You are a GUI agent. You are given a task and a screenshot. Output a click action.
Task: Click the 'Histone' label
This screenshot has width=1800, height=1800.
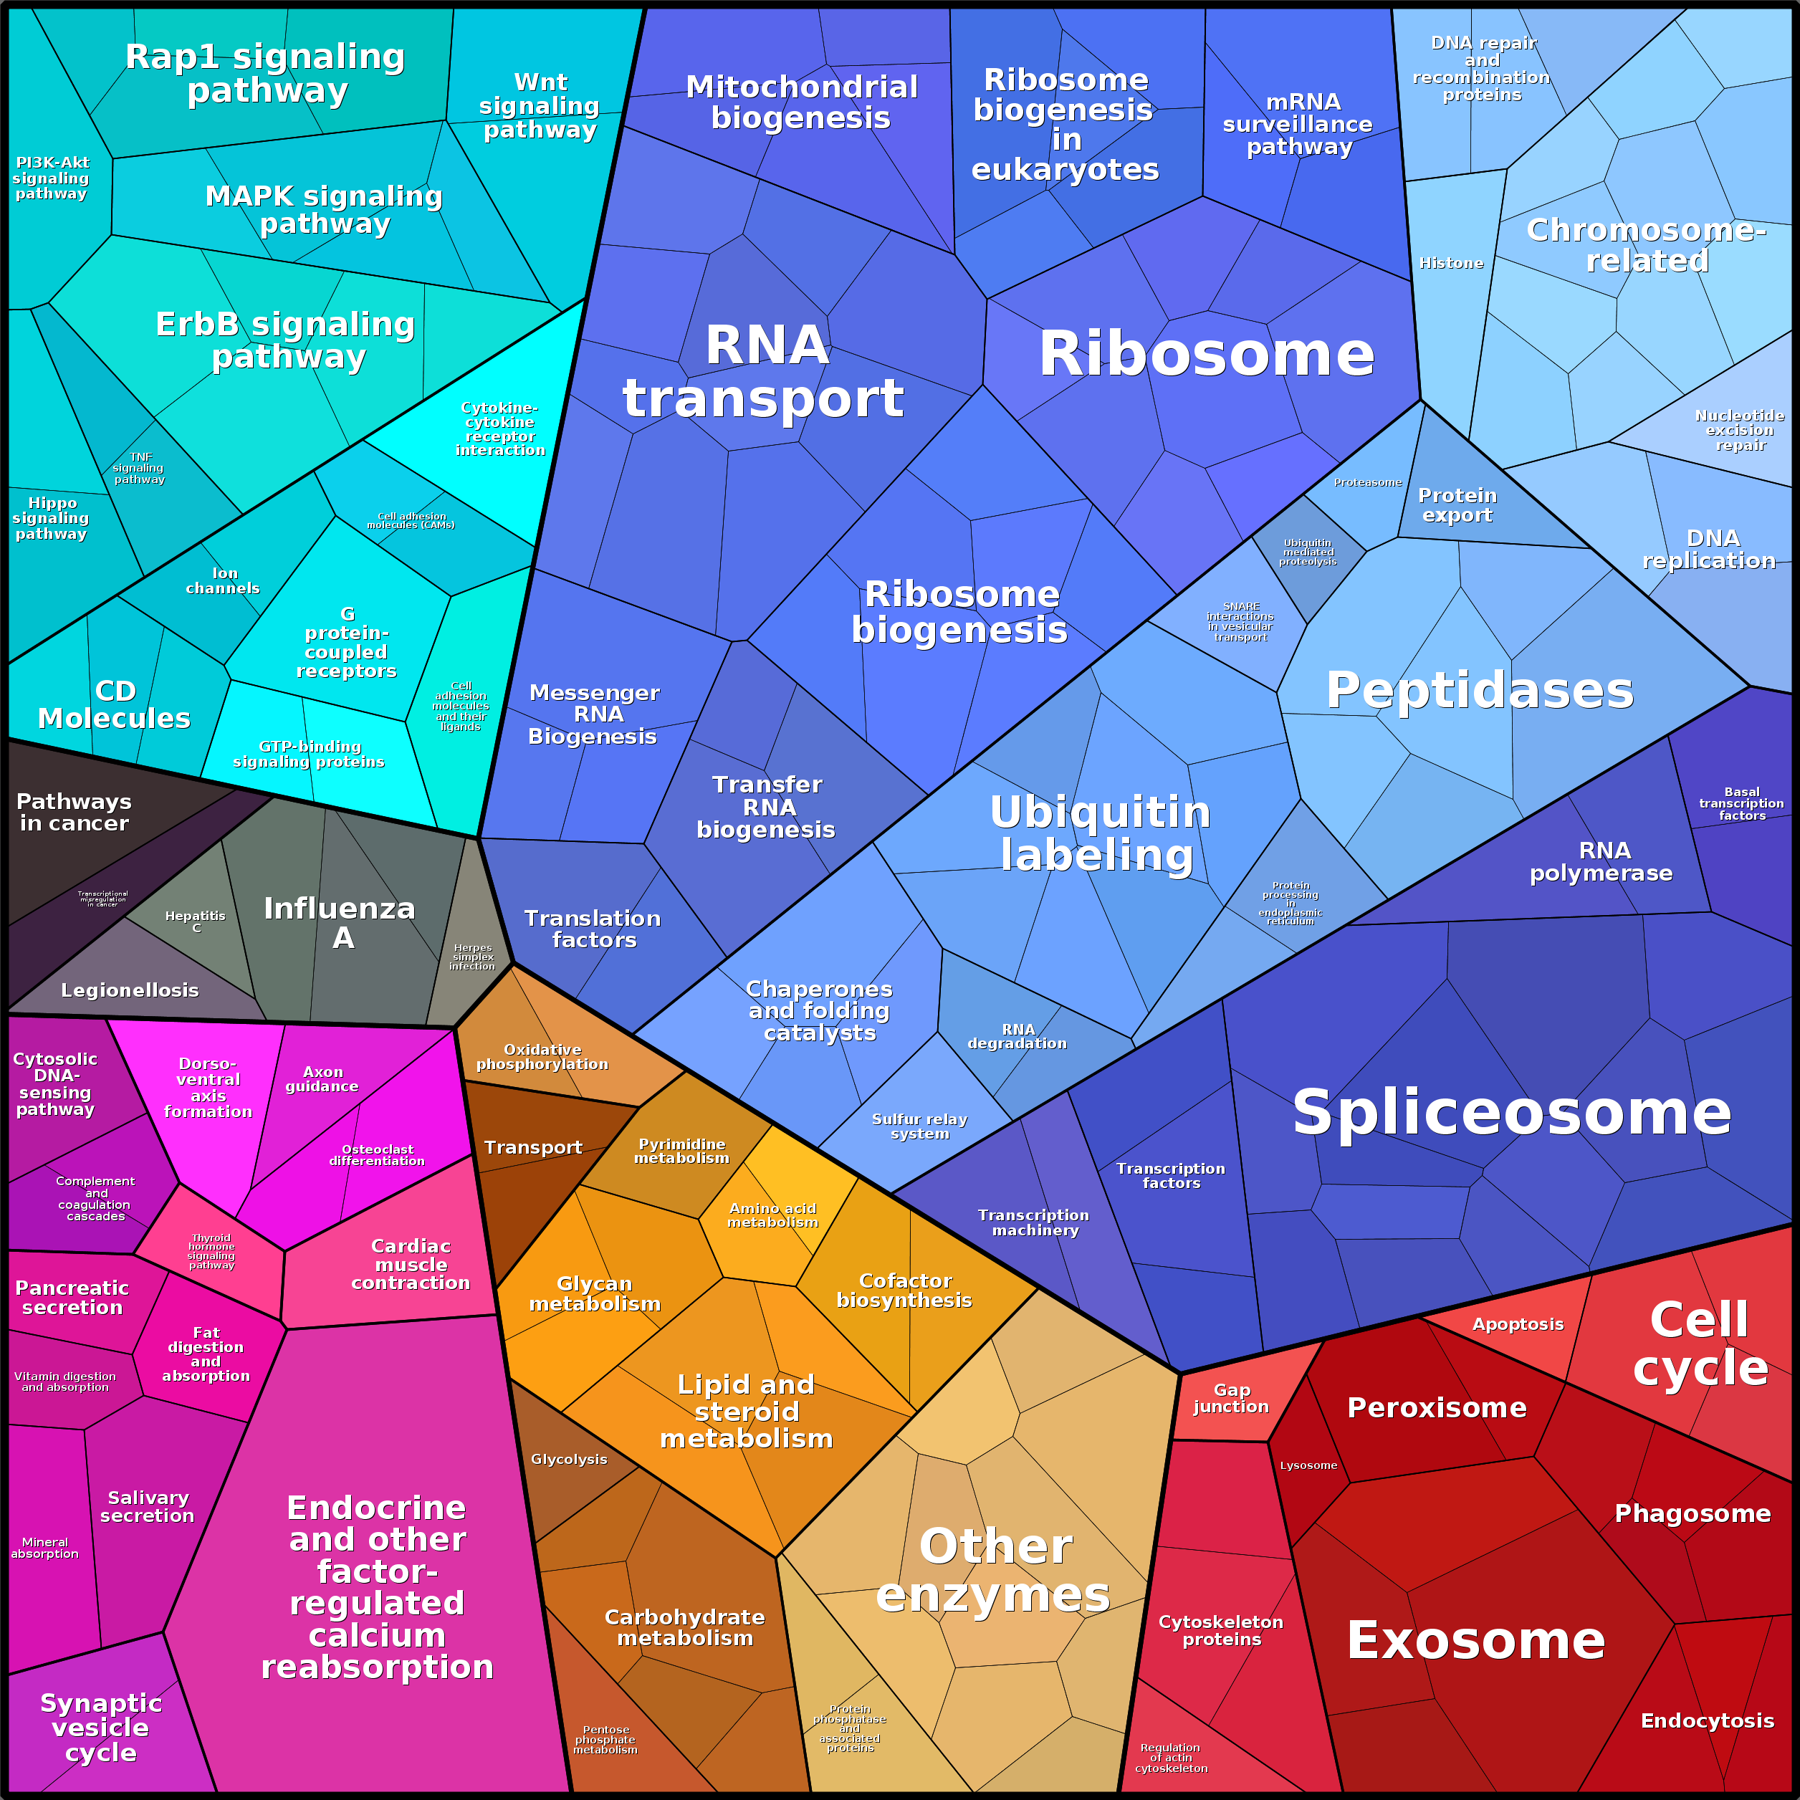(x=1450, y=264)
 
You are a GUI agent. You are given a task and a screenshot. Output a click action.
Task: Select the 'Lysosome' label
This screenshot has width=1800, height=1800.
(x=1308, y=1465)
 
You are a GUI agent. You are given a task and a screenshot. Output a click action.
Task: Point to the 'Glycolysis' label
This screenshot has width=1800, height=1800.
(x=568, y=1459)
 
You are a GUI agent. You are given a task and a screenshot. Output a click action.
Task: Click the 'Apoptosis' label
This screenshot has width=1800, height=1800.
(x=1518, y=1324)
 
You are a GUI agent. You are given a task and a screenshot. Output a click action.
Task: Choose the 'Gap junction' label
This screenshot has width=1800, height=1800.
(x=1231, y=1399)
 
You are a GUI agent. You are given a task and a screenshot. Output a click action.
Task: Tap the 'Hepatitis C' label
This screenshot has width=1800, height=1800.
(x=195, y=921)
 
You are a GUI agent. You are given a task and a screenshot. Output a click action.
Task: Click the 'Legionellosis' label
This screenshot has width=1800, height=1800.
(x=130, y=990)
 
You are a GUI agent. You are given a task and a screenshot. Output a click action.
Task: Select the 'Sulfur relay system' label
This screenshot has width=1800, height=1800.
(x=919, y=1126)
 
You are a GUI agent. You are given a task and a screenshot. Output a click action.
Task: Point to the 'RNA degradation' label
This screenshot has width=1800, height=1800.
(x=1018, y=1036)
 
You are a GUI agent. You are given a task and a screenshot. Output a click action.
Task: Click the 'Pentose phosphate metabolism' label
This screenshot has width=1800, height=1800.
(x=605, y=1739)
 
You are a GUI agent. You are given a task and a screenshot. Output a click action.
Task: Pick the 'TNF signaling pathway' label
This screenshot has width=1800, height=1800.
(x=139, y=468)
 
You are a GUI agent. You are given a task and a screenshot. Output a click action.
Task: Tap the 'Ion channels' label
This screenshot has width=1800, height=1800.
(x=223, y=580)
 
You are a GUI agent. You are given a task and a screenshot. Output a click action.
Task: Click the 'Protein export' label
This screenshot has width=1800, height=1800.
(x=1457, y=505)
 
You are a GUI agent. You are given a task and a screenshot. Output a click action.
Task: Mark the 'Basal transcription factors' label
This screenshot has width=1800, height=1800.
(x=1741, y=803)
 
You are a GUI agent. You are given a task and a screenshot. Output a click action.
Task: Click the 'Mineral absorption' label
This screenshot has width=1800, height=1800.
(x=44, y=1548)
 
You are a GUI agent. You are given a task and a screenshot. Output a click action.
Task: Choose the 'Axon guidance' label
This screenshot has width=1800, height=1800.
(x=322, y=1079)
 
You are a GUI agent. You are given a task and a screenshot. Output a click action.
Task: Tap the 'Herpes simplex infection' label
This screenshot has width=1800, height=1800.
(x=472, y=957)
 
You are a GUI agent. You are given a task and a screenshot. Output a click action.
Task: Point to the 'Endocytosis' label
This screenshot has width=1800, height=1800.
(x=1707, y=1720)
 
